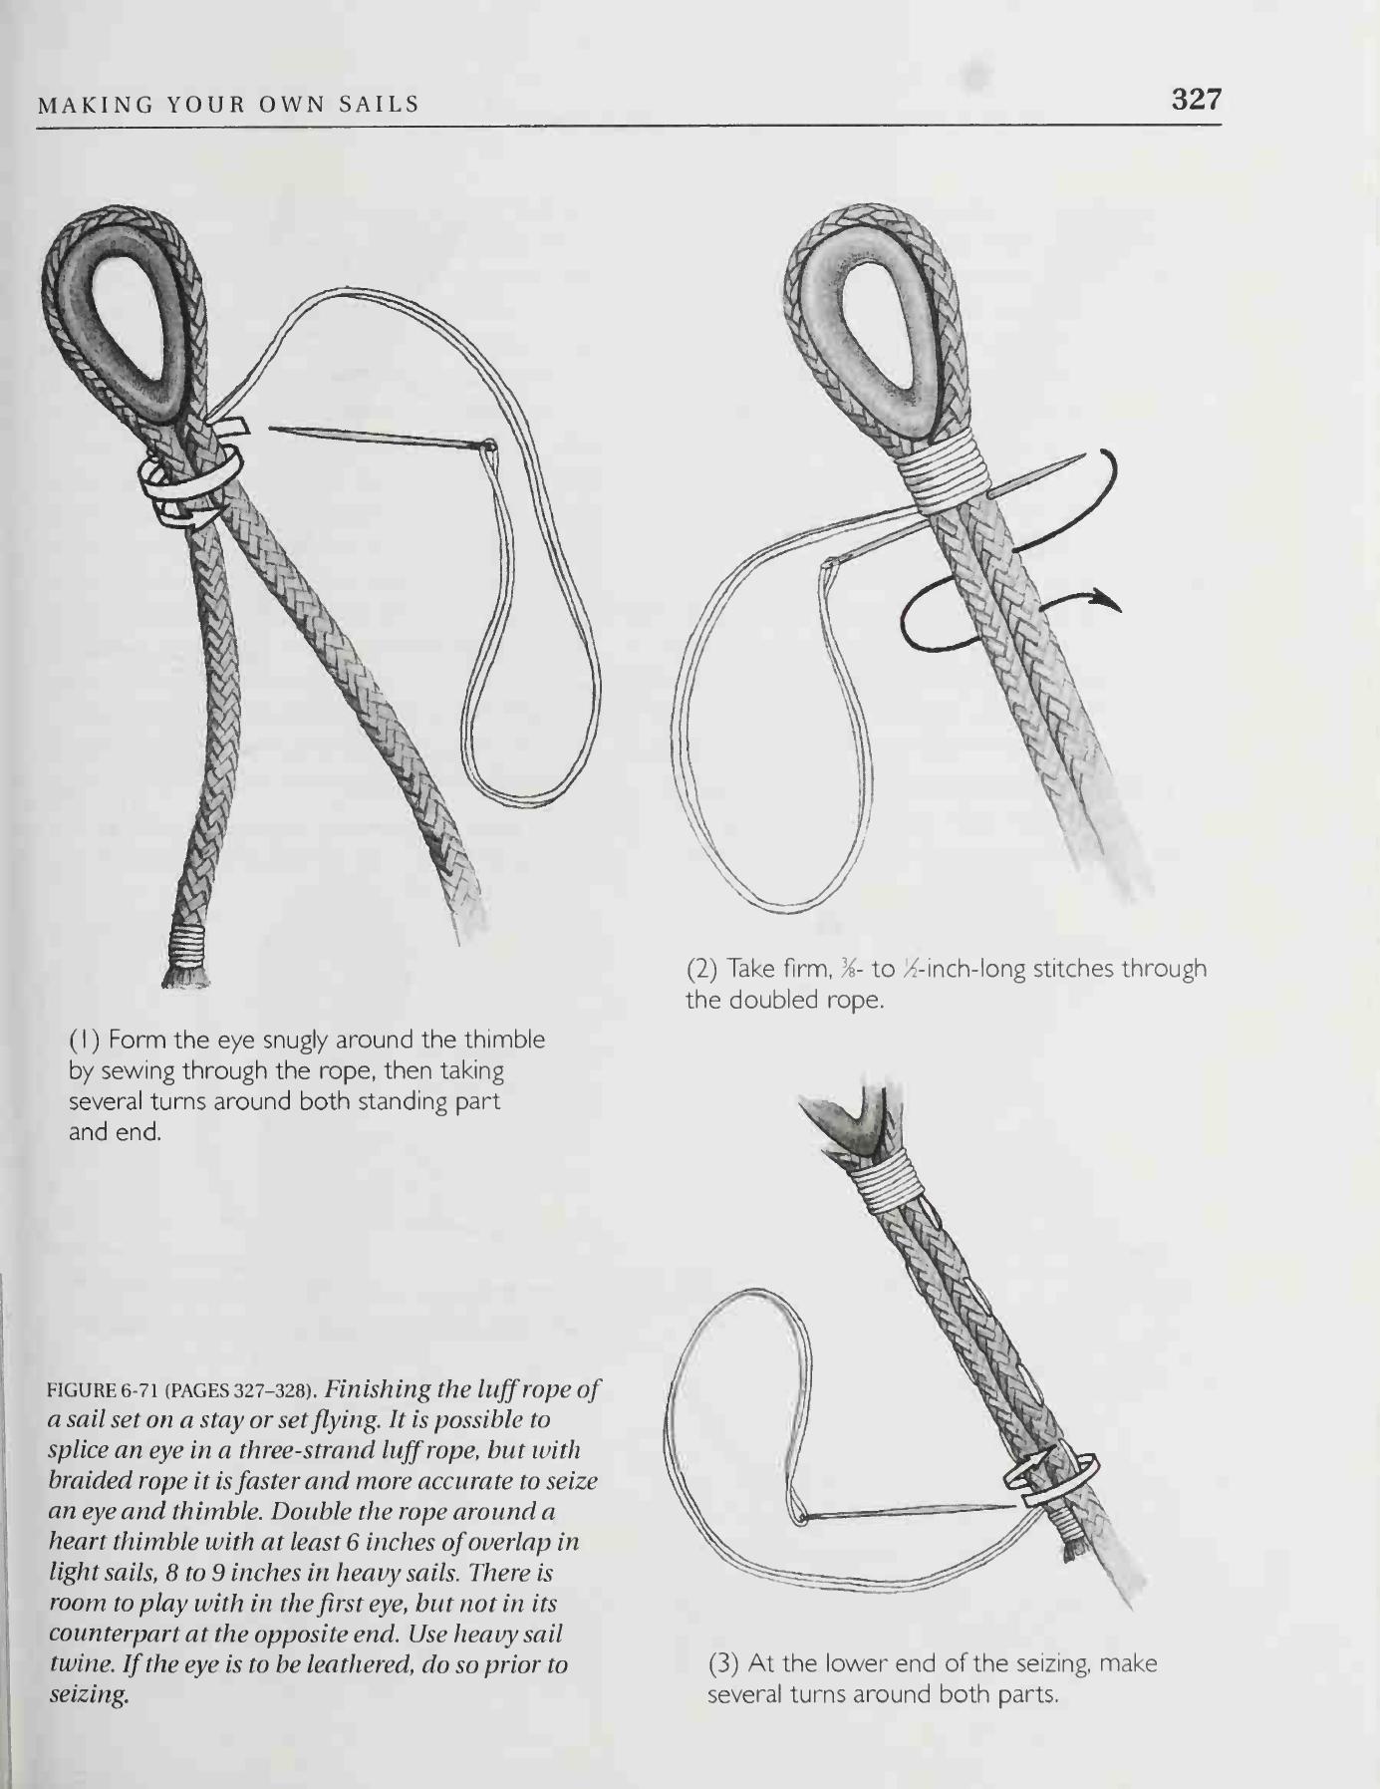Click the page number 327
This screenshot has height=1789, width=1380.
pos(1196,99)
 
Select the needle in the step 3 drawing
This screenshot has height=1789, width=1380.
pos(908,1512)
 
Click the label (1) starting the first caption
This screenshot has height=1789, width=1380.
pos(83,1040)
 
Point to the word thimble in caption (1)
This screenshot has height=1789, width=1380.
pos(505,1040)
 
